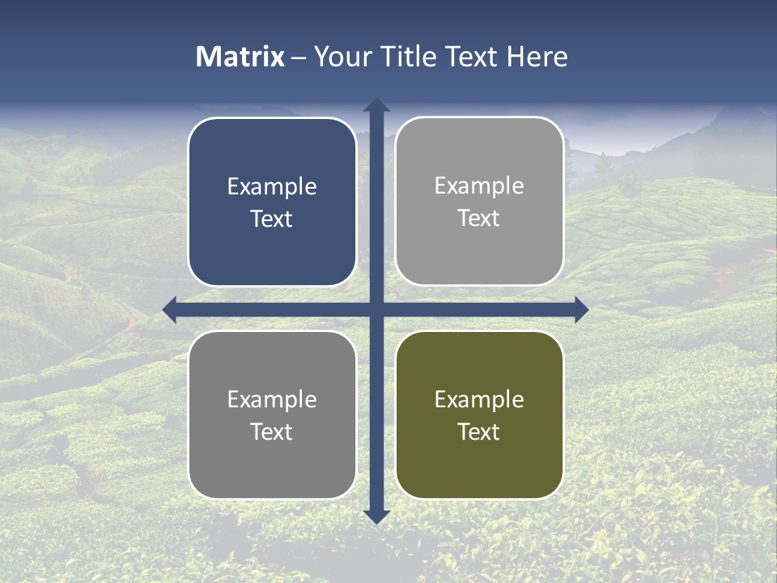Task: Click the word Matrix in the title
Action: tap(240, 57)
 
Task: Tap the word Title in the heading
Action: tap(409, 57)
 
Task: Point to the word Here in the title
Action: tap(537, 57)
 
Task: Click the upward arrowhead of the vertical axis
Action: tap(376, 105)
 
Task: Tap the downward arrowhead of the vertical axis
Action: tap(376, 516)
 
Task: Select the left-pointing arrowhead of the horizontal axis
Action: tap(170, 309)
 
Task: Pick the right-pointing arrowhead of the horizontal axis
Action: tap(580, 309)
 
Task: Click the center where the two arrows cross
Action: tap(376, 309)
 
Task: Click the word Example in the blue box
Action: tap(272, 187)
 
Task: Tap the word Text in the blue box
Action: tap(272, 219)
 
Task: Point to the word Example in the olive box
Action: tap(479, 399)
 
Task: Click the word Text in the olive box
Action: tap(479, 432)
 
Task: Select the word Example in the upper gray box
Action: tap(479, 186)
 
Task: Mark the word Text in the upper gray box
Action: tap(479, 219)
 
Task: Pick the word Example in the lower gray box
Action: tap(272, 399)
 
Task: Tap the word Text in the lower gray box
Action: tap(272, 432)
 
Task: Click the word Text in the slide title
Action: tap(470, 57)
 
